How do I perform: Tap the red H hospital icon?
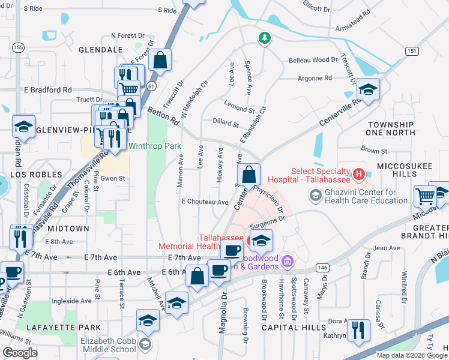(x=359, y=175)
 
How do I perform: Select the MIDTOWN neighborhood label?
(x=68, y=229)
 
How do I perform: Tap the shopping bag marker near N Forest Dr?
(x=160, y=60)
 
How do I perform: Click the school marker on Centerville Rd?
(x=369, y=90)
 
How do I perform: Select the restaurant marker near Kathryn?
(x=358, y=329)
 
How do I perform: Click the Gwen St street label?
(x=113, y=178)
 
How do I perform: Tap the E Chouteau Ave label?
(x=205, y=202)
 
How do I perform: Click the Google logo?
(x=20, y=353)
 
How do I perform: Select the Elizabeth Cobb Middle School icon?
(x=145, y=344)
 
